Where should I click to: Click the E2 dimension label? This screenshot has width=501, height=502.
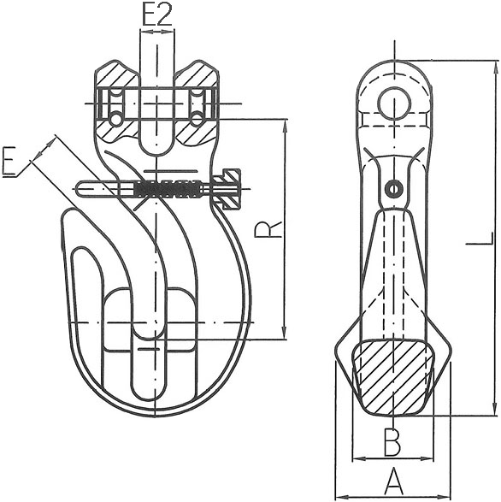[156, 15]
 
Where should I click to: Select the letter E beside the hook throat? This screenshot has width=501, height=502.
[11, 162]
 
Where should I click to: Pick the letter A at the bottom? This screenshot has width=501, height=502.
[392, 481]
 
